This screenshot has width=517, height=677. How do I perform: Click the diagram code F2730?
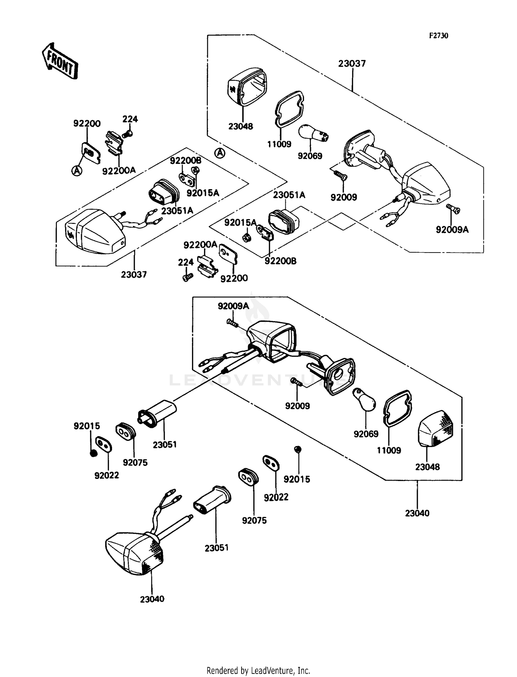tap(438, 36)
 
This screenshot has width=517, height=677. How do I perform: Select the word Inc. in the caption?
tap(304, 670)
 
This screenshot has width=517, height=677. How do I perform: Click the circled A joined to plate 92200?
tap(77, 170)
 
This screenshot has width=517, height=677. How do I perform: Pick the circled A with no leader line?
tap(220, 153)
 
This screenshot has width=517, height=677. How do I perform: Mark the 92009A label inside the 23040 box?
tap(233, 306)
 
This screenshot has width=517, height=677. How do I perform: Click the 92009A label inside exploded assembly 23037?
tap(452, 230)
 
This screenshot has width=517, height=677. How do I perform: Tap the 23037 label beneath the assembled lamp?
tap(134, 275)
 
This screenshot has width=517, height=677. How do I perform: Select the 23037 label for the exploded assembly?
tap(352, 63)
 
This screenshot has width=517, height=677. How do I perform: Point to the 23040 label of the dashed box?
tap(417, 513)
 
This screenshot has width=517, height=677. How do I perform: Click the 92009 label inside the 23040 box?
tap(297, 406)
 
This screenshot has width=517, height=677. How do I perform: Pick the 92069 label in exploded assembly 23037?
tap(310, 156)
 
